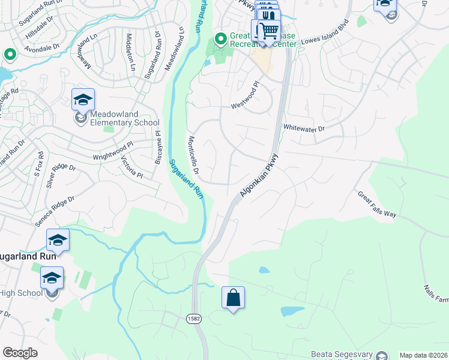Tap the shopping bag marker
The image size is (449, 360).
(x=233, y=298)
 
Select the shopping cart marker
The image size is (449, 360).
(x=270, y=29)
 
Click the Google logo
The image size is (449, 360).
(x=20, y=353)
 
